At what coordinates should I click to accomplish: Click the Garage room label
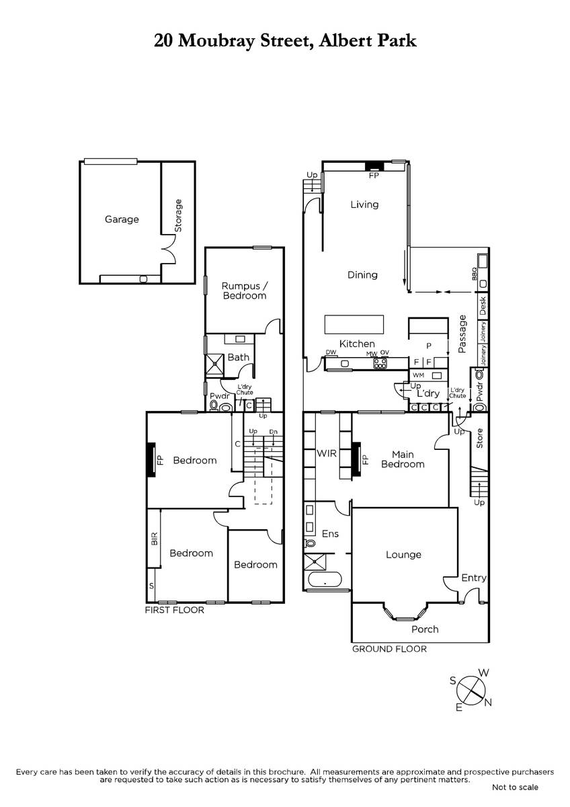point(122,219)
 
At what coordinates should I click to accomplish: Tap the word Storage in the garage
point(178,215)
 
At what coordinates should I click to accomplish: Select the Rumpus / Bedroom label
point(245,291)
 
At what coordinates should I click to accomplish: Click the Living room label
point(364,204)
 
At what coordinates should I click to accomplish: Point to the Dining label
point(362,275)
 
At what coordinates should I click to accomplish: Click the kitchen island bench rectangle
point(354,325)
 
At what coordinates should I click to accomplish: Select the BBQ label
point(475,274)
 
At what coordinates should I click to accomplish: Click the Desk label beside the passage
point(483,305)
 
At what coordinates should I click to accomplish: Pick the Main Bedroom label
point(403,459)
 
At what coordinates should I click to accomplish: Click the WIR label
point(327,453)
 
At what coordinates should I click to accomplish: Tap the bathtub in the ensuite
point(325,580)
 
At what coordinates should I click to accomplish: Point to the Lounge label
point(403,554)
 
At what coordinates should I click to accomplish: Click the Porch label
point(425,629)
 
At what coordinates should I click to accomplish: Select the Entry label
point(474,578)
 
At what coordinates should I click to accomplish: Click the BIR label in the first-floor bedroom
point(155,539)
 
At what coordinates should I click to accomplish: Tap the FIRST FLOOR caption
point(175,611)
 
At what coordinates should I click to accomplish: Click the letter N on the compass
point(488,702)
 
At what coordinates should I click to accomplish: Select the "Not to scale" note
point(515,787)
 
